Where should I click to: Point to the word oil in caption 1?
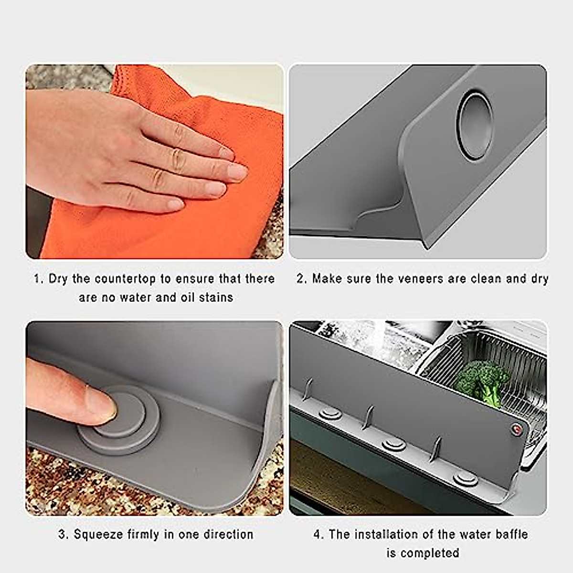click(188, 297)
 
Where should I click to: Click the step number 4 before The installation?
click(318, 534)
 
